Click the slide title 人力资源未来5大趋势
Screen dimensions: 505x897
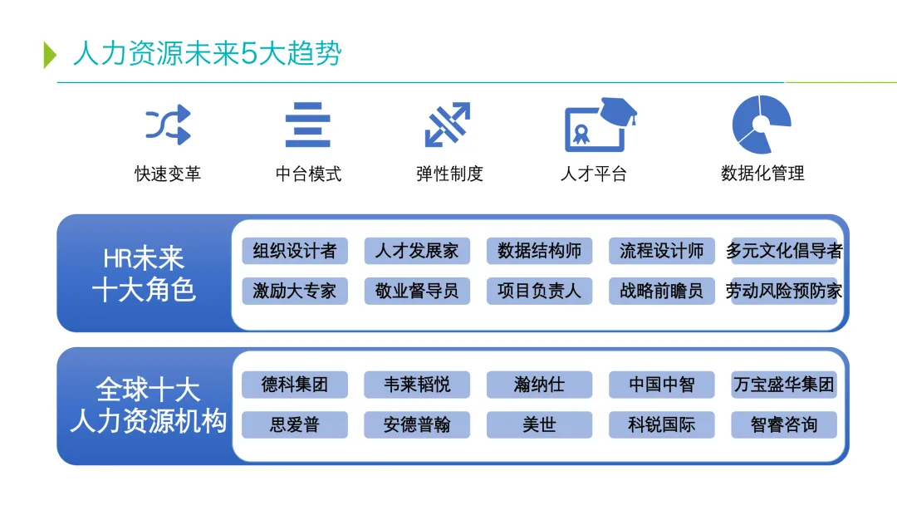tap(207, 54)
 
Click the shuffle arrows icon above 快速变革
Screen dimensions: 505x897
tap(168, 125)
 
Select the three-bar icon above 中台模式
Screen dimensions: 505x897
tap(308, 125)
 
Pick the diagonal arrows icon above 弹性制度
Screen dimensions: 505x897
tap(448, 125)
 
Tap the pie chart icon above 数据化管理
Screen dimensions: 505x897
tap(760, 125)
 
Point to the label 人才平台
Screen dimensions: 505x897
tap(593, 174)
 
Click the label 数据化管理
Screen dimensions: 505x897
tap(762, 174)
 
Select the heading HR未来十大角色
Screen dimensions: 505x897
tap(145, 273)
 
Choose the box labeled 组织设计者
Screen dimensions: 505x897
tap(295, 251)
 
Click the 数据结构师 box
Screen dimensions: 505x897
tap(539, 251)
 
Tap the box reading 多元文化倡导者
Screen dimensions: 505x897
tap(784, 251)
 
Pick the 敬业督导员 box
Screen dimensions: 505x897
tap(417, 291)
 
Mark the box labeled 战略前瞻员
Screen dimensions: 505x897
tap(661, 291)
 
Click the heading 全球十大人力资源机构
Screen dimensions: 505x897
tap(148, 405)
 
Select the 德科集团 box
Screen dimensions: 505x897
tap(295, 385)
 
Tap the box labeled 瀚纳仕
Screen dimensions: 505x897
tap(539, 385)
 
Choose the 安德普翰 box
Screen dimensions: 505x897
tap(417, 424)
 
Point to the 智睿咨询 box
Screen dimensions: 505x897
tap(784, 424)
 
